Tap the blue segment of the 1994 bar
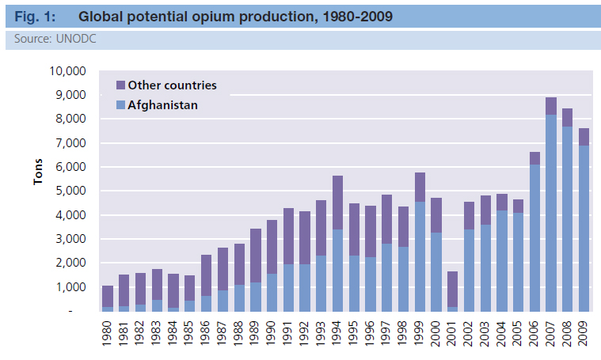coord(337,270)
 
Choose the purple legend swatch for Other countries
coord(120,85)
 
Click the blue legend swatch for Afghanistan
coord(120,104)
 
